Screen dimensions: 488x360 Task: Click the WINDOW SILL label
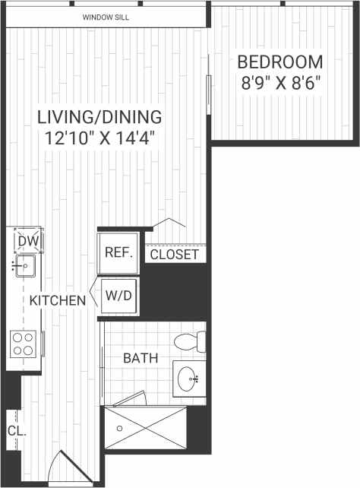click(107, 17)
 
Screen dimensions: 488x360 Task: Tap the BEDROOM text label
click(279, 62)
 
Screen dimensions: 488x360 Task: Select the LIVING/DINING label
click(100, 117)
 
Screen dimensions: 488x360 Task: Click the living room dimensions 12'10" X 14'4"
click(100, 140)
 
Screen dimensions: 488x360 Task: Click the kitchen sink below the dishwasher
click(24, 266)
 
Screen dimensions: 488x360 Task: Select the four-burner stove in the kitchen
click(24, 344)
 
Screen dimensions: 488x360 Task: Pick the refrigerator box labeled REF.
click(118, 253)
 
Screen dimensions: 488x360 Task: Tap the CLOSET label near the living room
click(174, 255)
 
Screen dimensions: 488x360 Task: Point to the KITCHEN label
click(58, 300)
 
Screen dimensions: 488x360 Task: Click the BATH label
click(141, 357)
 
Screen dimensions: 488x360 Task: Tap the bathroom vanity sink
click(190, 376)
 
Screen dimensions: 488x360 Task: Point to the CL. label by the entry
click(17, 430)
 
